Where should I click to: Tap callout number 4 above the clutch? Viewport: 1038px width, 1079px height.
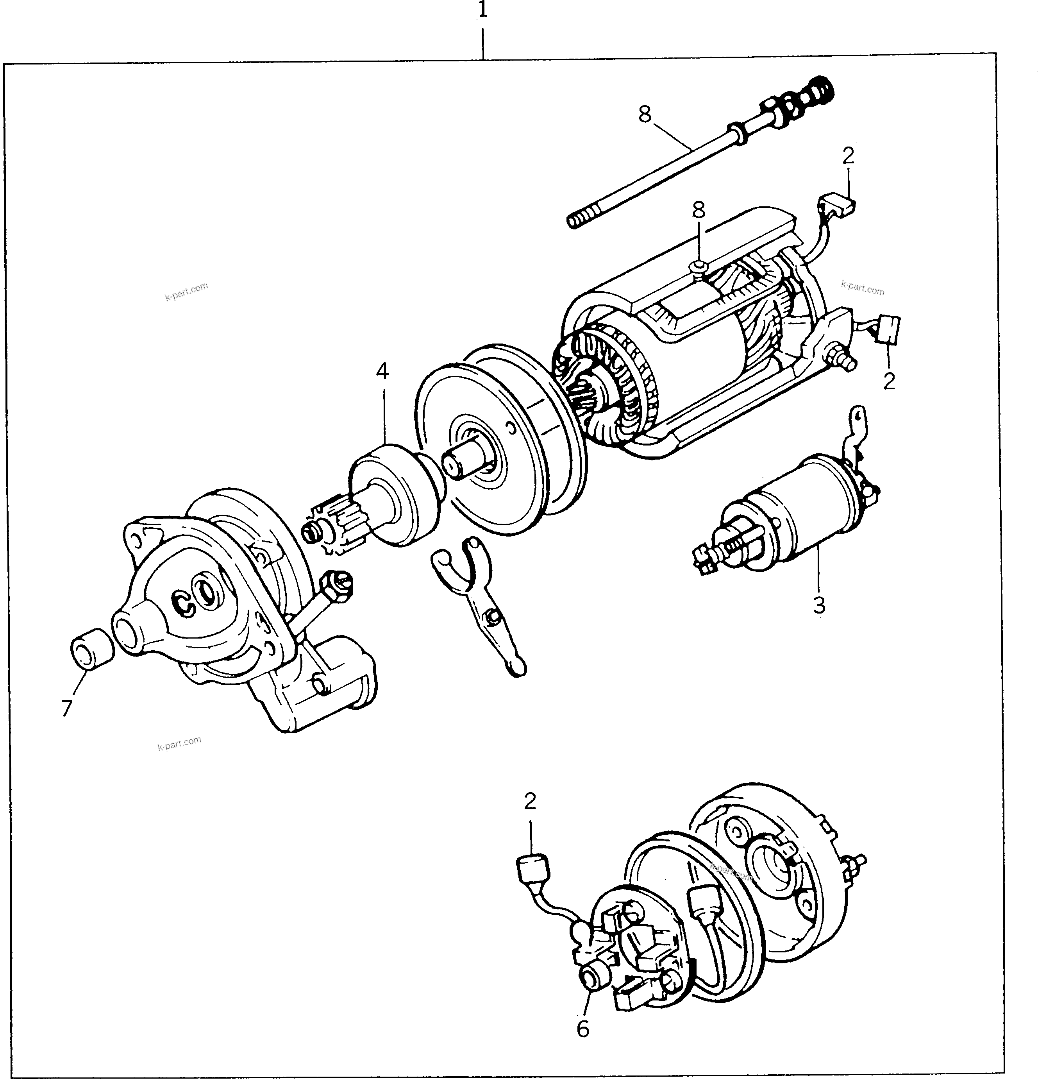[x=382, y=372]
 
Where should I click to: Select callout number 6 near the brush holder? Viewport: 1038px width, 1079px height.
[x=583, y=1028]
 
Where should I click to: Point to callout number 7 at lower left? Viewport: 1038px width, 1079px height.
[x=66, y=709]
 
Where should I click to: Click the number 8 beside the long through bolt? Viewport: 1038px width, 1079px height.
[x=645, y=114]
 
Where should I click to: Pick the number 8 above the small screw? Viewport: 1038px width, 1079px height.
[x=699, y=210]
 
